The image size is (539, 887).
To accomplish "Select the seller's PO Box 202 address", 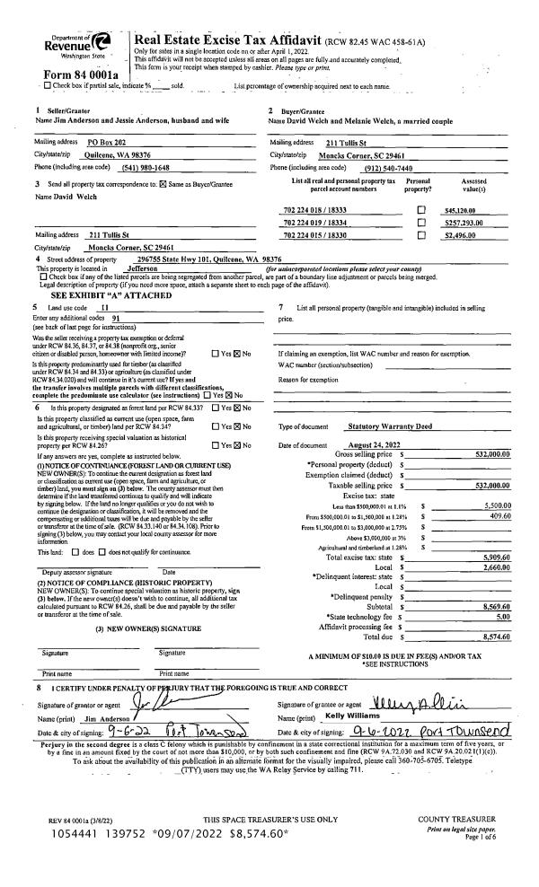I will click(106, 143).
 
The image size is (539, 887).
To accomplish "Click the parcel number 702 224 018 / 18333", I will click(314, 207).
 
